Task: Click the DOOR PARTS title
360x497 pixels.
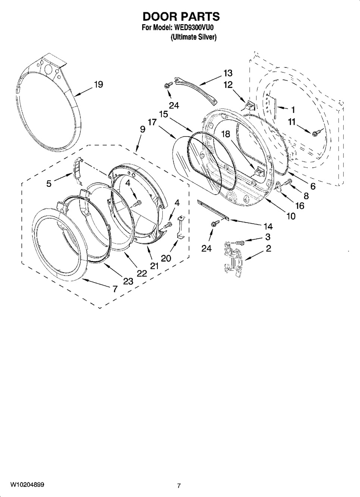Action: pos(181,16)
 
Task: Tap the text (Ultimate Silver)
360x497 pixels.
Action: pos(193,37)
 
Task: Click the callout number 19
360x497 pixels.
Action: pos(98,84)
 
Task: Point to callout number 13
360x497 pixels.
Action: pos(228,73)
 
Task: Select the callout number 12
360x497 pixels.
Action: pos(228,85)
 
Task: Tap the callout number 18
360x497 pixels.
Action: pos(225,134)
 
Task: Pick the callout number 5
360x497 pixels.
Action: pos(49,183)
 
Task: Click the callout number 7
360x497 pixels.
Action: pos(115,289)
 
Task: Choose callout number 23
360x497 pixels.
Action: pos(128,281)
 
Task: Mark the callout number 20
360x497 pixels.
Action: pos(166,258)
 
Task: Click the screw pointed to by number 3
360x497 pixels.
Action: pos(239,243)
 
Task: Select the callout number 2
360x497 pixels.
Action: pos(268,248)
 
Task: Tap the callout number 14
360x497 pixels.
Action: pos(268,226)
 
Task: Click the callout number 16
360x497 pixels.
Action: pos(300,206)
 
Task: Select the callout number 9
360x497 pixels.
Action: pos(143,129)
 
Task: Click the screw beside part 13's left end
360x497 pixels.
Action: pos(169,85)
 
